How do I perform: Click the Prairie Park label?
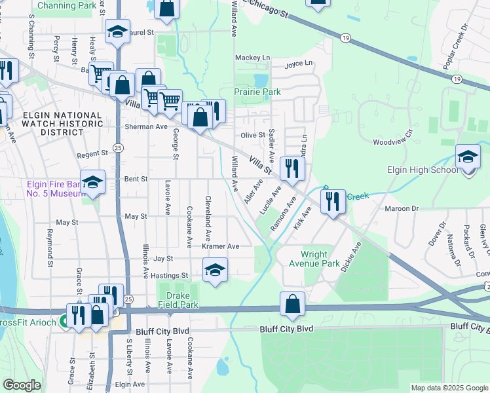pyautogui.click(x=257, y=92)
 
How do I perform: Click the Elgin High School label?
pyautogui.click(x=422, y=170)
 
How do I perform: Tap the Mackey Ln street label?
pyautogui.click(x=252, y=58)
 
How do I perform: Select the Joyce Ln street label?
pyautogui.click(x=298, y=64)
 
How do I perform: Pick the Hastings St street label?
pyautogui.click(x=170, y=276)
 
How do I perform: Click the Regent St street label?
pyautogui.click(x=92, y=154)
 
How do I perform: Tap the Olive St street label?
pyautogui.click(x=252, y=135)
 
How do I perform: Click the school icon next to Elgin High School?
pyautogui.click(x=468, y=158)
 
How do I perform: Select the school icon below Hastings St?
pyautogui.click(x=214, y=270)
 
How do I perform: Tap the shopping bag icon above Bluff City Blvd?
pyautogui.click(x=293, y=304)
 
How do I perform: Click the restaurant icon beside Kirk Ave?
pyautogui.click(x=333, y=202)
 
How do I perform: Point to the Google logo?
pyautogui.click(x=22, y=385)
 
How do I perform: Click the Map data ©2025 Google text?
pyautogui.click(x=449, y=388)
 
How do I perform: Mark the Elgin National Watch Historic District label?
pyautogui.click(x=62, y=123)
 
